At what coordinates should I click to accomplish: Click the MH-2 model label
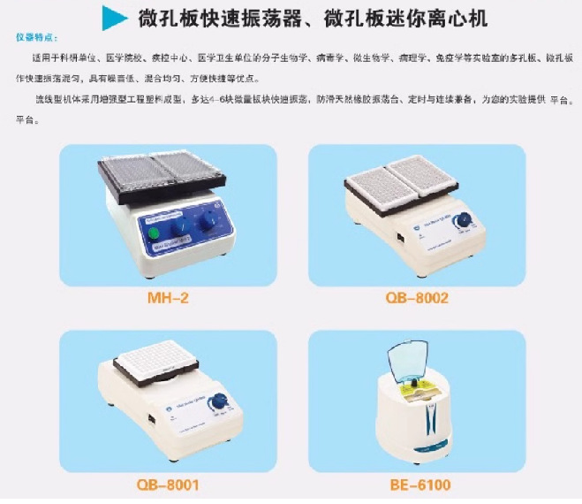(167, 298)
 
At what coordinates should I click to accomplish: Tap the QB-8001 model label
(167, 485)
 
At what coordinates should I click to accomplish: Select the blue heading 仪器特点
(37, 39)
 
